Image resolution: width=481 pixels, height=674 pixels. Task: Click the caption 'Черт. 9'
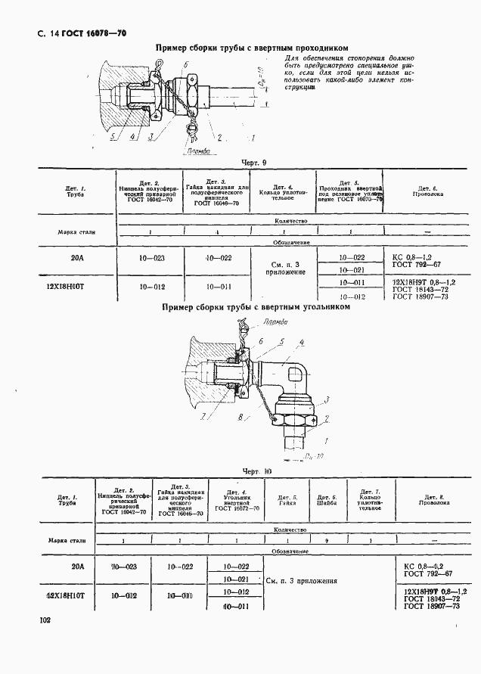click(253, 163)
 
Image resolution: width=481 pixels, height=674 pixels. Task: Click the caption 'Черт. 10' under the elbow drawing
click(258, 471)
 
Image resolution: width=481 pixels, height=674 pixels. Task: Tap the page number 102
click(44, 620)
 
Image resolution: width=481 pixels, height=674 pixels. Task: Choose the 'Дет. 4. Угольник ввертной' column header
click(235, 500)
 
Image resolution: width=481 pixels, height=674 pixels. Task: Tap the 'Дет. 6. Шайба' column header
click(321, 499)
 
